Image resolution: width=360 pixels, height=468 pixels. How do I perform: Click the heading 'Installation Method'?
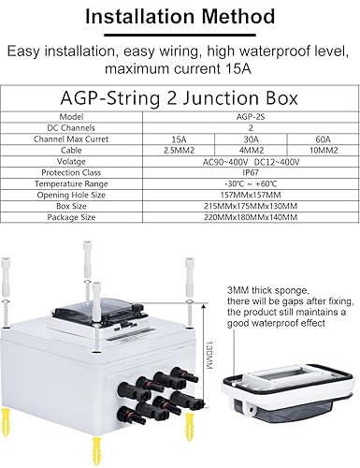[x=180, y=16]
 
